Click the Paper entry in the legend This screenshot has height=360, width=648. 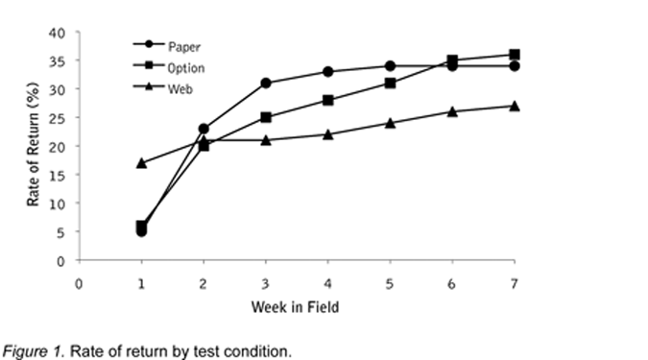tap(166, 45)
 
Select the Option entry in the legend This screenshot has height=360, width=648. tap(169, 67)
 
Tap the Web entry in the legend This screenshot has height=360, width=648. tap(163, 88)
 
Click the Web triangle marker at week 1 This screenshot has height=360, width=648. tap(141, 163)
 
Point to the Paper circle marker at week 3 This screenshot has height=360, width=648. tap(266, 84)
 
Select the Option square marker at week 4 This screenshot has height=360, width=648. tap(328, 100)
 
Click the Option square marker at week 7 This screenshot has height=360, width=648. tap(515, 54)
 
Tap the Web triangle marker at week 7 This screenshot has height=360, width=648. tap(515, 106)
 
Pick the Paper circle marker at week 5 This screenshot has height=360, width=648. tap(390, 65)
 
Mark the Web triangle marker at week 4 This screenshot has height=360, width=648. tap(328, 134)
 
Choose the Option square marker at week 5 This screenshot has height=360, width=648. tap(390, 84)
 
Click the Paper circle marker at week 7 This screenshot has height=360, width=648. tap(515, 65)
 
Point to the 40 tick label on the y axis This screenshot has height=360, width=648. tap(57, 33)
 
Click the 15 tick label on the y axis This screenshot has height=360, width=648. tap(57, 176)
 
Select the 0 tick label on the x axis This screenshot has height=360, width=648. tap(79, 284)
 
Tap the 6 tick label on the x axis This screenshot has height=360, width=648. tap(452, 284)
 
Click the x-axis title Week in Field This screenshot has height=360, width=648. tap(295, 307)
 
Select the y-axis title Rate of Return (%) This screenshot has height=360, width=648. tap(33, 144)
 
